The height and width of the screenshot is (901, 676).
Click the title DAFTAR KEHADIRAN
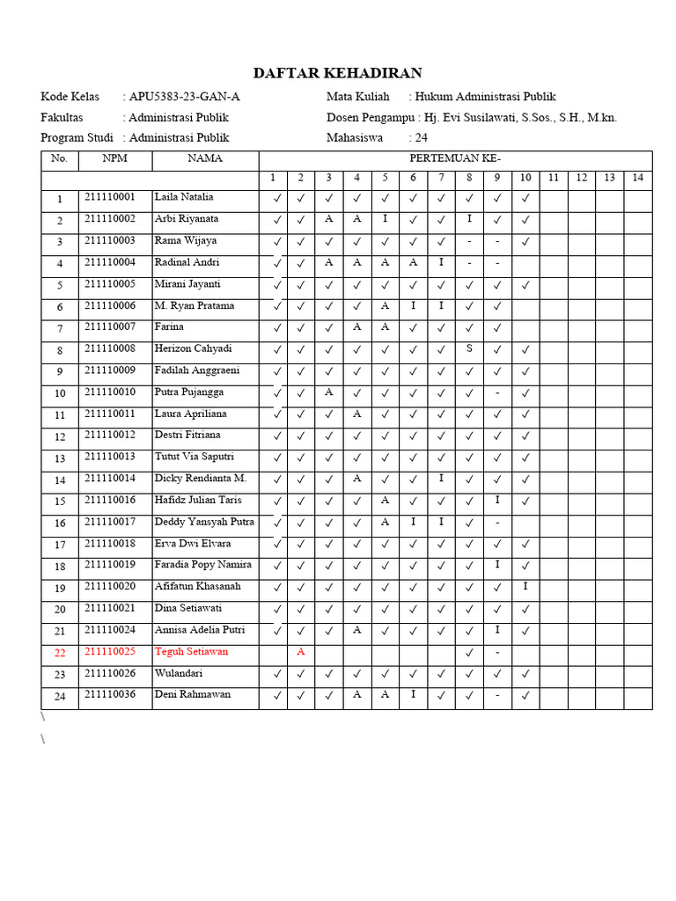(x=338, y=73)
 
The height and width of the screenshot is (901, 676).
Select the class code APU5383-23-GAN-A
(x=184, y=97)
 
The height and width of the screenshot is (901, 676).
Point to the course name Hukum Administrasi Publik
(x=485, y=97)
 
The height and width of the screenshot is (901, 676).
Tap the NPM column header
(x=114, y=159)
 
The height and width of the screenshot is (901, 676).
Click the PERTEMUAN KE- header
(x=455, y=159)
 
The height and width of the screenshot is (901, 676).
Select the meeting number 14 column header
(x=638, y=179)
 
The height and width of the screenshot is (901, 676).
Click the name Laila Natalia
(x=184, y=197)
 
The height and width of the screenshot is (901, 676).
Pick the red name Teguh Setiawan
(x=191, y=652)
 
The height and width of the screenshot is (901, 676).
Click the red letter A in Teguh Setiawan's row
(x=301, y=652)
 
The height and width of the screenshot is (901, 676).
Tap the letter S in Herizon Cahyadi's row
(x=469, y=348)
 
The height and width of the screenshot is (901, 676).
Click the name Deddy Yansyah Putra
(x=204, y=522)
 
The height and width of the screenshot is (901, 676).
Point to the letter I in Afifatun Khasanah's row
(x=525, y=587)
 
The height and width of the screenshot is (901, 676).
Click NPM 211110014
(x=110, y=479)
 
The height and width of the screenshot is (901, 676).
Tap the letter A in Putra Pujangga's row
(x=328, y=392)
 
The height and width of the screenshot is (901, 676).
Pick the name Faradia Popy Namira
(x=203, y=565)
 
